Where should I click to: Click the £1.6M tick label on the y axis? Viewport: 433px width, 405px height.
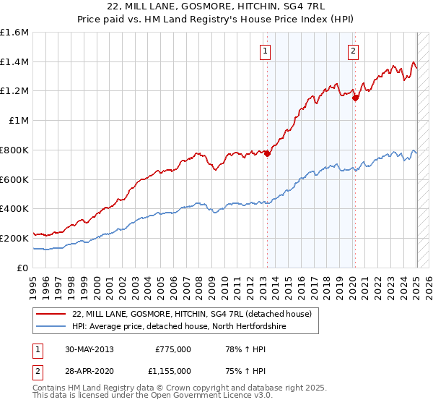pos(14,33)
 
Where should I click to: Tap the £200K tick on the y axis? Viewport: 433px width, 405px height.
pos(14,238)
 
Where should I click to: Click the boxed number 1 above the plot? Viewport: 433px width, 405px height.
pos(266,51)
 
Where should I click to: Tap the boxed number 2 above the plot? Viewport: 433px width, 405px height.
pos(354,51)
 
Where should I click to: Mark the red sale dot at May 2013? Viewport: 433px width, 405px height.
pos(267,153)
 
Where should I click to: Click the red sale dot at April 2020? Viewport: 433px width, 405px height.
pos(355,98)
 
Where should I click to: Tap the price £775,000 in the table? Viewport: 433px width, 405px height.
pos(173,349)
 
